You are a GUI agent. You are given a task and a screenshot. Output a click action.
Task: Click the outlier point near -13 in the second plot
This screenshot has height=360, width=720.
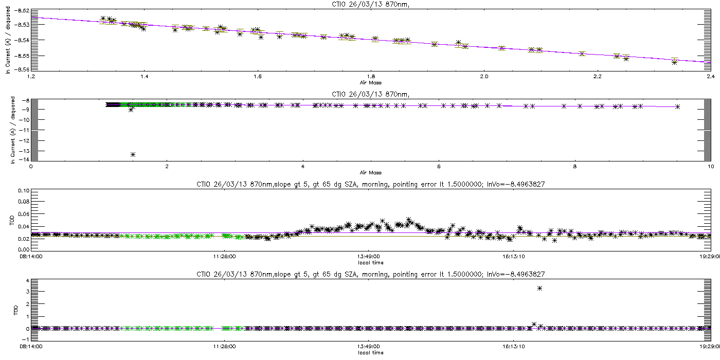tap(133, 155)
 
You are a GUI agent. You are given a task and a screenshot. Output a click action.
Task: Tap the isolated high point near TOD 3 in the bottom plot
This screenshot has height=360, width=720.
tap(539, 289)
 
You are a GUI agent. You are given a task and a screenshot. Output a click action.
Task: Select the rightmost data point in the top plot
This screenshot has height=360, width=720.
tap(675, 62)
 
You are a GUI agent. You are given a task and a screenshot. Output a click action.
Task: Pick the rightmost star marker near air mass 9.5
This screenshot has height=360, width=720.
tap(678, 107)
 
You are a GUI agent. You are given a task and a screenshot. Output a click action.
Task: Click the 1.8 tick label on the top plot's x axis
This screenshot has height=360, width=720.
tap(371, 77)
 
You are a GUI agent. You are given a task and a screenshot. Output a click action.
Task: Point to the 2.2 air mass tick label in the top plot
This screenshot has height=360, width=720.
tap(597, 77)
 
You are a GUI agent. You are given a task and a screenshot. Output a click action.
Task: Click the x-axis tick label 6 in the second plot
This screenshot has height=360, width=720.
tap(439, 167)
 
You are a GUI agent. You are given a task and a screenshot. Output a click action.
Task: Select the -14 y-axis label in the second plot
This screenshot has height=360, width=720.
tap(24, 159)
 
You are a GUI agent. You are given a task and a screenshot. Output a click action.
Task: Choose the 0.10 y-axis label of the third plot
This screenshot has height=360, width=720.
tap(24, 191)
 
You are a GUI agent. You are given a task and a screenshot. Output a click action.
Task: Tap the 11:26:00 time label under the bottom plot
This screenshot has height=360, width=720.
tap(224, 347)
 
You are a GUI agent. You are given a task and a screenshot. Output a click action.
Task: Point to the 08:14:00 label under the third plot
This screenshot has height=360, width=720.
tap(31, 257)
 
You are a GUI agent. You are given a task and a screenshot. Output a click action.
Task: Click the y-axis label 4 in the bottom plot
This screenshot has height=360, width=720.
tap(28, 281)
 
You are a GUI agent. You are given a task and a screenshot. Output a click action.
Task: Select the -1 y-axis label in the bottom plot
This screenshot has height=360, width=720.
tap(26, 339)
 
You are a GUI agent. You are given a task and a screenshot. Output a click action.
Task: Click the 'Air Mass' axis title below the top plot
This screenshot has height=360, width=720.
tap(371, 83)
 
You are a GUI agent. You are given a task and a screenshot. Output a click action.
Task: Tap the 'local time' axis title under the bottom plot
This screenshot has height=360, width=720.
tap(371, 353)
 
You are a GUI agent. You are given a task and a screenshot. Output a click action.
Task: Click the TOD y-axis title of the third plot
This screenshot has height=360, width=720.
tap(12, 221)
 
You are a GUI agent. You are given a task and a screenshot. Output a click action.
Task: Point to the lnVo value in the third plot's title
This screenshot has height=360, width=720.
tap(516, 185)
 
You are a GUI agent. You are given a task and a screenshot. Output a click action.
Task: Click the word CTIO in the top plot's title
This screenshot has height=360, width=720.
tap(339, 5)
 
